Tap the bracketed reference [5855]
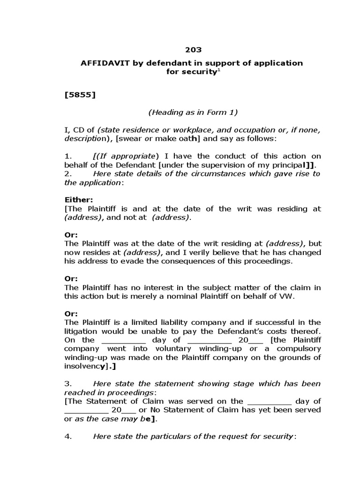(80, 95)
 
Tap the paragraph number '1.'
(67, 156)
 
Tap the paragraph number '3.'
(67, 383)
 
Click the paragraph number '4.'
(67, 436)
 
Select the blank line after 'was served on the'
(269, 401)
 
